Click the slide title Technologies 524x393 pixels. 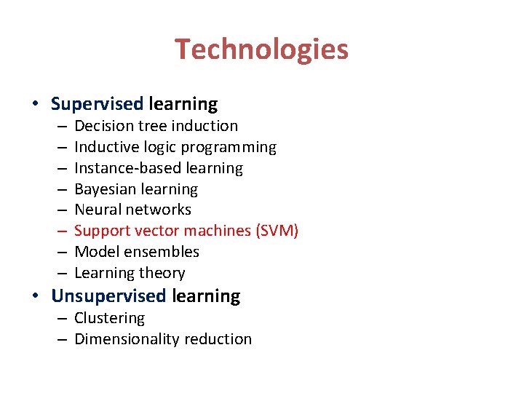(x=261, y=49)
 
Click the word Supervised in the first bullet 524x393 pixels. (x=97, y=104)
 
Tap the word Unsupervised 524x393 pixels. (x=108, y=296)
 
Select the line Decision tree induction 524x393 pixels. (x=156, y=126)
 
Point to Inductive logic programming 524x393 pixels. (x=175, y=147)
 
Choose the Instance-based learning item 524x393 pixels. (x=159, y=168)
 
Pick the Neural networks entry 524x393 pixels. (x=132, y=210)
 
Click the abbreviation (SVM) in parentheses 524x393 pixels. (x=277, y=231)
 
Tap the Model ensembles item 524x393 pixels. (x=137, y=252)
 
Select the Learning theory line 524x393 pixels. (x=130, y=273)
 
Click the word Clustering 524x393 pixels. (x=109, y=318)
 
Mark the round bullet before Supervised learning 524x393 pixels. (x=36, y=104)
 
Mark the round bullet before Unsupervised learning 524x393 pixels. (x=36, y=296)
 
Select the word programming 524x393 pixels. (x=229, y=147)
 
